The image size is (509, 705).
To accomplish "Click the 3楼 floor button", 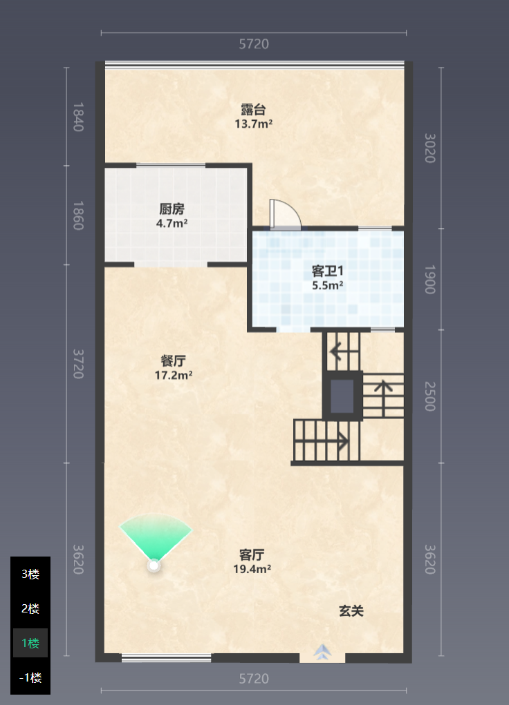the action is coord(30,574).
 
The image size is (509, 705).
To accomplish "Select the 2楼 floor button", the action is coord(30,608).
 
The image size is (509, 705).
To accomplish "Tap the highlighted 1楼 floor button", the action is coord(30,643).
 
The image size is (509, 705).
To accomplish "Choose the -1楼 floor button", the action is coord(30,677).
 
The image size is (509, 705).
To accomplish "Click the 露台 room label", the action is coord(253,109).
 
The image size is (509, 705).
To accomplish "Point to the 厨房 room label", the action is coord(172,209).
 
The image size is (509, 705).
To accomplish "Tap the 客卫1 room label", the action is coord(328,271).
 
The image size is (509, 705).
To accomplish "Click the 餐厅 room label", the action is coord(174,361).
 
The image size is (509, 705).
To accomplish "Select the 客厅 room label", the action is coord(252,555).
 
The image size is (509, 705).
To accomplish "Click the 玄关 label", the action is coord(351,610).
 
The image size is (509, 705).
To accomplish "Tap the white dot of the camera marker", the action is coord(154,566).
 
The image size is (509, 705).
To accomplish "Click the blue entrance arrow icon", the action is coord(322,652).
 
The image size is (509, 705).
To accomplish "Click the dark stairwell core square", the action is coord(342,396).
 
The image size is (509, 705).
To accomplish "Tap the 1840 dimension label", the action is coord(78,117).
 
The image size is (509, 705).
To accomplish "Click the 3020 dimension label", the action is coord(429,148).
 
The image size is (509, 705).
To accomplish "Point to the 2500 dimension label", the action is coord(429,396).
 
